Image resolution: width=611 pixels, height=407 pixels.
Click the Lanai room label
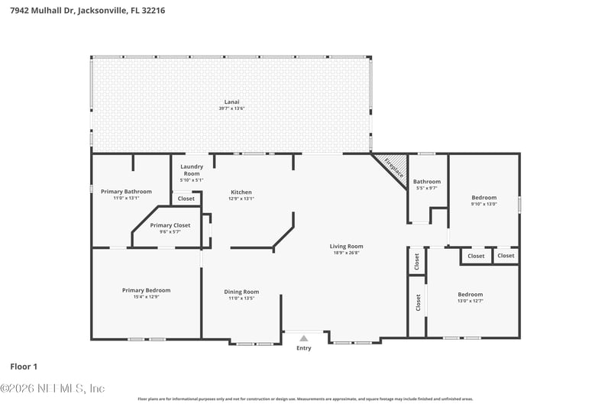click(231, 102)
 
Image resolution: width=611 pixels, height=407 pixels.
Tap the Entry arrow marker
click(304, 338)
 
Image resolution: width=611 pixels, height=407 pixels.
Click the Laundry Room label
click(191, 170)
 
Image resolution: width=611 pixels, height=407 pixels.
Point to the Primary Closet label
click(170, 225)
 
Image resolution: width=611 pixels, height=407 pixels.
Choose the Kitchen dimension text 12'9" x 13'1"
click(241, 199)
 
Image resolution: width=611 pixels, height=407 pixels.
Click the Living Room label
click(346, 246)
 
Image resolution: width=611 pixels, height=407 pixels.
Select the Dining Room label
click(241, 292)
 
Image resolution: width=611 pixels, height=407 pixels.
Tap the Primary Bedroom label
click(146, 290)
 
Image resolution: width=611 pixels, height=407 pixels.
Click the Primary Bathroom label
click(126, 192)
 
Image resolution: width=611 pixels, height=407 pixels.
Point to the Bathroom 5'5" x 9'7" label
click(427, 182)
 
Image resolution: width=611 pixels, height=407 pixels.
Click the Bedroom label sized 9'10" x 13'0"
click(483, 198)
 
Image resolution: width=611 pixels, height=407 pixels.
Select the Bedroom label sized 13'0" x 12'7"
click(470, 295)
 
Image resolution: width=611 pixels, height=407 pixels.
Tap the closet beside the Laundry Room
click(186, 199)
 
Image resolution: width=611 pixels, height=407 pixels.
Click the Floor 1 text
click(24, 367)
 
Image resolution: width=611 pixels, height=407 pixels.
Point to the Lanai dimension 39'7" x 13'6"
click(231, 108)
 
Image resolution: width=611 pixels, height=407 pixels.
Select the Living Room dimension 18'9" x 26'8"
click(346, 253)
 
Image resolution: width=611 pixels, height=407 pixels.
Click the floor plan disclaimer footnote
click(305, 399)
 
